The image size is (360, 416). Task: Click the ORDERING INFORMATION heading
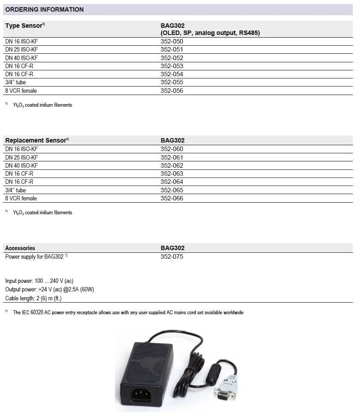(x=44, y=9)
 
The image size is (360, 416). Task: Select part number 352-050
(x=172, y=41)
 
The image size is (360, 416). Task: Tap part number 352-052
(x=172, y=58)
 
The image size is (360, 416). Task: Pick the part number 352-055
(x=172, y=82)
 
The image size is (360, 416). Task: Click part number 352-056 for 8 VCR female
(x=172, y=91)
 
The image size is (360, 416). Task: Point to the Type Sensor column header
(x=25, y=26)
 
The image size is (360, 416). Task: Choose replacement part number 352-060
(x=172, y=149)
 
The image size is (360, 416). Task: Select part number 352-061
(x=172, y=157)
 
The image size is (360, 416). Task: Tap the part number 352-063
(x=172, y=173)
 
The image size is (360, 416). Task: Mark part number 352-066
(x=172, y=198)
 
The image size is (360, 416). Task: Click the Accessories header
(x=20, y=248)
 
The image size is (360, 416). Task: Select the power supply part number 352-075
(x=172, y=256)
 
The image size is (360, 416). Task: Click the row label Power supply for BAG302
(x=36, y=256)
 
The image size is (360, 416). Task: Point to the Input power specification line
(x=39, y=281)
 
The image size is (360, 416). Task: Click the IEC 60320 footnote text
(x=128, y=312)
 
